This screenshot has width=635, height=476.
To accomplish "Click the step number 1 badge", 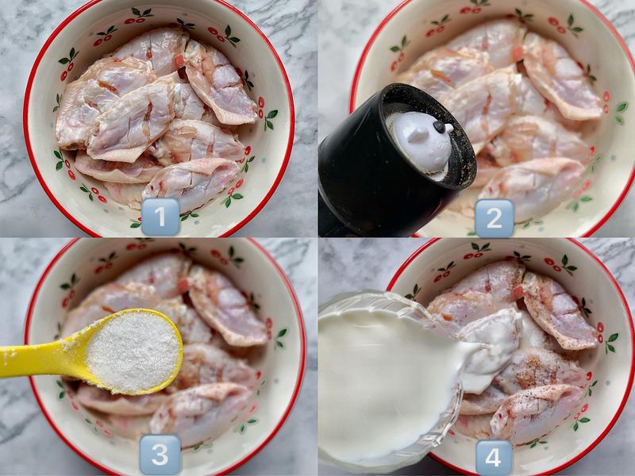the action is (x=160, y=217).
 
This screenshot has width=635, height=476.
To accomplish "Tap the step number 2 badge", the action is (x=494, y=218).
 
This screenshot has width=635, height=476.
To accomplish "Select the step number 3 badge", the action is (x=160, y=455).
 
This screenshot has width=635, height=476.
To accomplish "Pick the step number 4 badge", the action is (x=493, y=458).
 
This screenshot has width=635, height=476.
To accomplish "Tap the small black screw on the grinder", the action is (x=440, y=127).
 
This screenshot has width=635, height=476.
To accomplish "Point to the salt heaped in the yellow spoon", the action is (x=133, y=351).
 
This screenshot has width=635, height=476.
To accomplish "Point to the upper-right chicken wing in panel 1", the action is (x=219, y=83).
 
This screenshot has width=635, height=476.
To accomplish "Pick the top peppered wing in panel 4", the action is (x=559, y=309).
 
